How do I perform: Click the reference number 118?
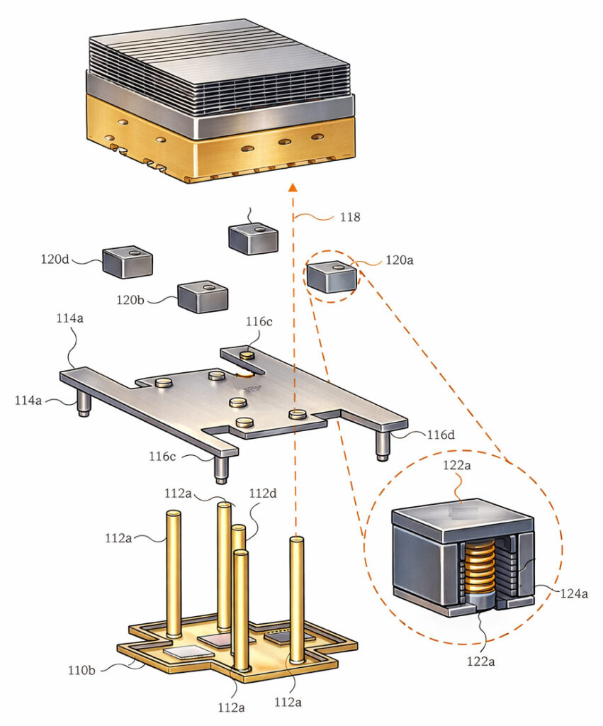[x=349, y=217]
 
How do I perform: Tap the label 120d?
[x=55, y=259]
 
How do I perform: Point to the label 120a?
[x=399, y=260]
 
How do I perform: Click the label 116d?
[x=441, y=434]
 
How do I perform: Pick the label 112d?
[x=263, y=493]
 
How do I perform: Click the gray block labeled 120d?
[x=128, y=262]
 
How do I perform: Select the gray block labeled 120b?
[x=203, y=297]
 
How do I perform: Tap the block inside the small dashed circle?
[x=332, y=277]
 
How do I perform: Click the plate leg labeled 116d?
[x=383, y=444]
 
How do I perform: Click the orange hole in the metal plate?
[x=247, y=374]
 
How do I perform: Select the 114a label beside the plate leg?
[x=28, y=401]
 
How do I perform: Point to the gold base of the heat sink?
[x=220, y=152]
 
